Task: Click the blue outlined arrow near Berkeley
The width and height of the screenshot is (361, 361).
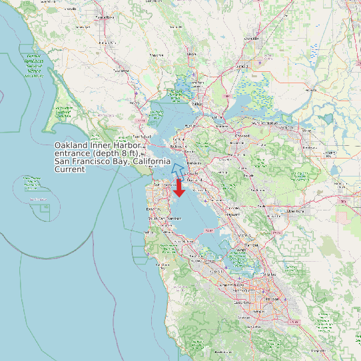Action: point(178,168)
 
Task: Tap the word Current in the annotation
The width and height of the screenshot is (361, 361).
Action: point(70,170)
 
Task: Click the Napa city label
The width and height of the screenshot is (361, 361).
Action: point(192,54)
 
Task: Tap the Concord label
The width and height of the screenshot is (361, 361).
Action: point(240,137)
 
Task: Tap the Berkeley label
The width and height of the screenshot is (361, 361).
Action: point(193,163)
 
